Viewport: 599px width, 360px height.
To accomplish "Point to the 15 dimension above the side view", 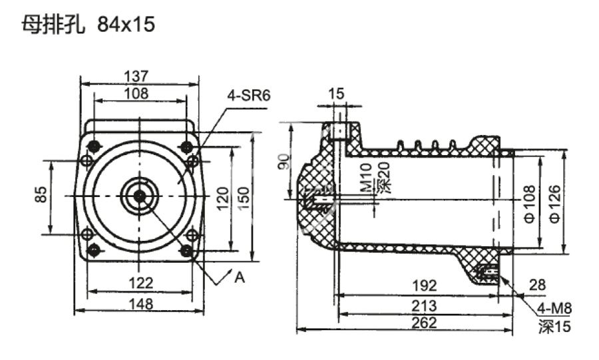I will pyautogui.click(x=337, y=94).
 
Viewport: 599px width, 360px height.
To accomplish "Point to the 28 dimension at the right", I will pyautogui.click(x=538, y=285).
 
